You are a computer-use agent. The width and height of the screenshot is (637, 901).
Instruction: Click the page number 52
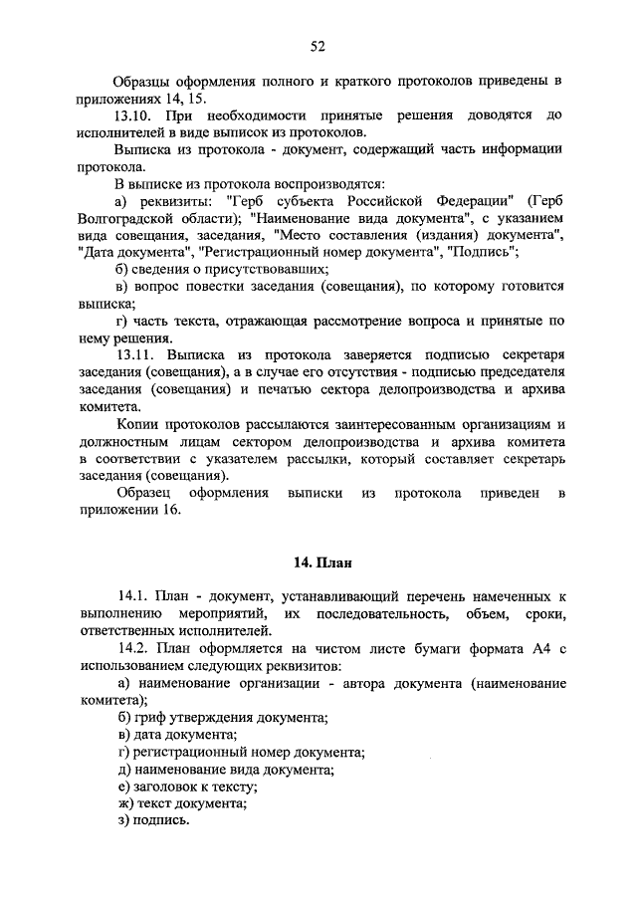tap(318, 46)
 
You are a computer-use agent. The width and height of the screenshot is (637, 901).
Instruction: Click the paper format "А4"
tap(540, 648)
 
